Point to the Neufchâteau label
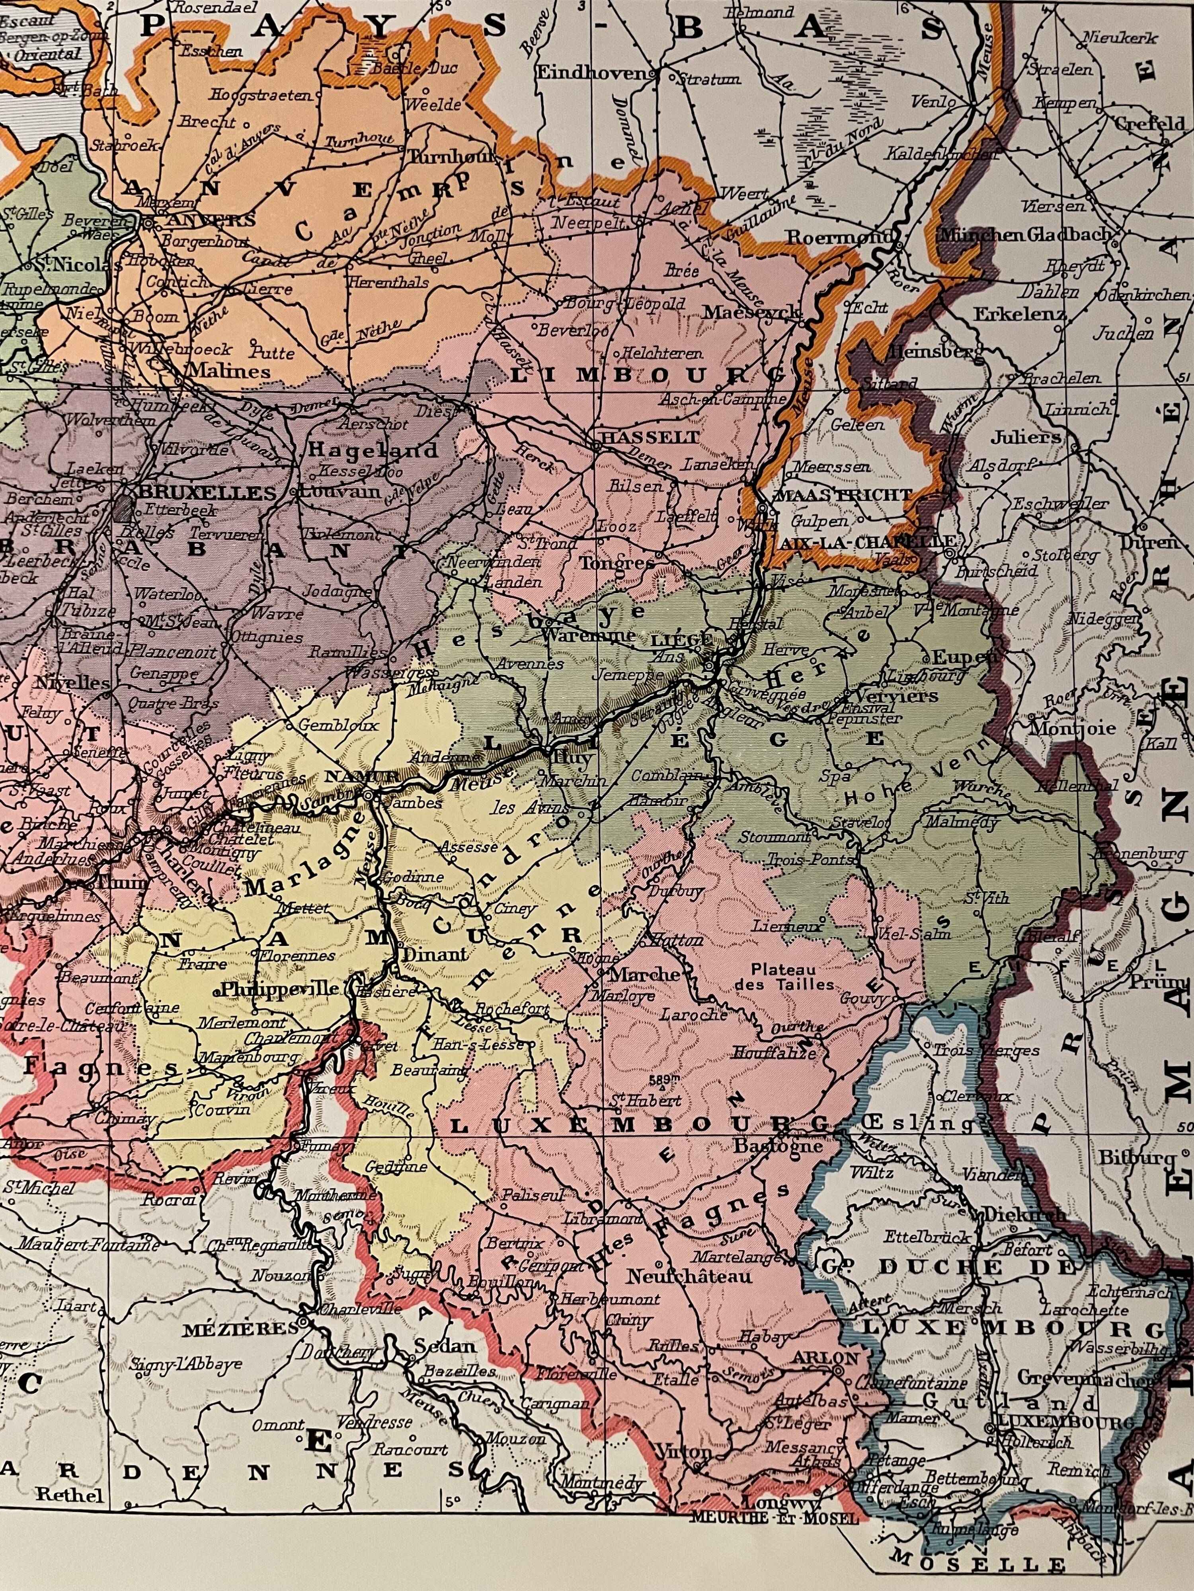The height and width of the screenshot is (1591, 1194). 689,1277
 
